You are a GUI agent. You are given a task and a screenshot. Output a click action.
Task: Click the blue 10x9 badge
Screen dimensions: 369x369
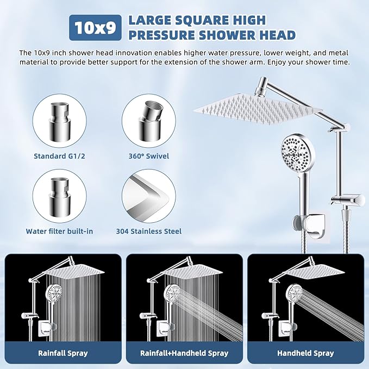pyautogui.click(x=96, y=28)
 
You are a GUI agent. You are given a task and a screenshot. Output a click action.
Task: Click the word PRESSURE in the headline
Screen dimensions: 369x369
pyautogui.click(x=156, y=35)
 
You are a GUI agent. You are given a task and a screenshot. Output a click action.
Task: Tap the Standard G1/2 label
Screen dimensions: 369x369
pyautogui.click(x=59, y=156)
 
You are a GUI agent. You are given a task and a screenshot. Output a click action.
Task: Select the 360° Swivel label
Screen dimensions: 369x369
pyautogui.click(x=148, y=156)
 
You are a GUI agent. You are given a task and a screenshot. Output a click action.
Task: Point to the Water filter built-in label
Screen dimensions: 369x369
pyautogui.click(x=59, y=231)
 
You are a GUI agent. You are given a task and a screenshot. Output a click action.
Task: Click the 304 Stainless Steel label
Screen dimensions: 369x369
pyautogui.click(x=148, y=231)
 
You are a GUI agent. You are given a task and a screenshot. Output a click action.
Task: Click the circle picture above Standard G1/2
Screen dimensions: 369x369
pyautogui.click(x=59, y=121)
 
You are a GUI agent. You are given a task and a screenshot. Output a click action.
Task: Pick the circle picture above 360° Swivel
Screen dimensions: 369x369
pyautogui.click(x=148, y=121)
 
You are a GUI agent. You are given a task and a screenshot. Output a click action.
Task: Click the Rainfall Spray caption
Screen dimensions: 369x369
pyautogui.click(x=63, y=353)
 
